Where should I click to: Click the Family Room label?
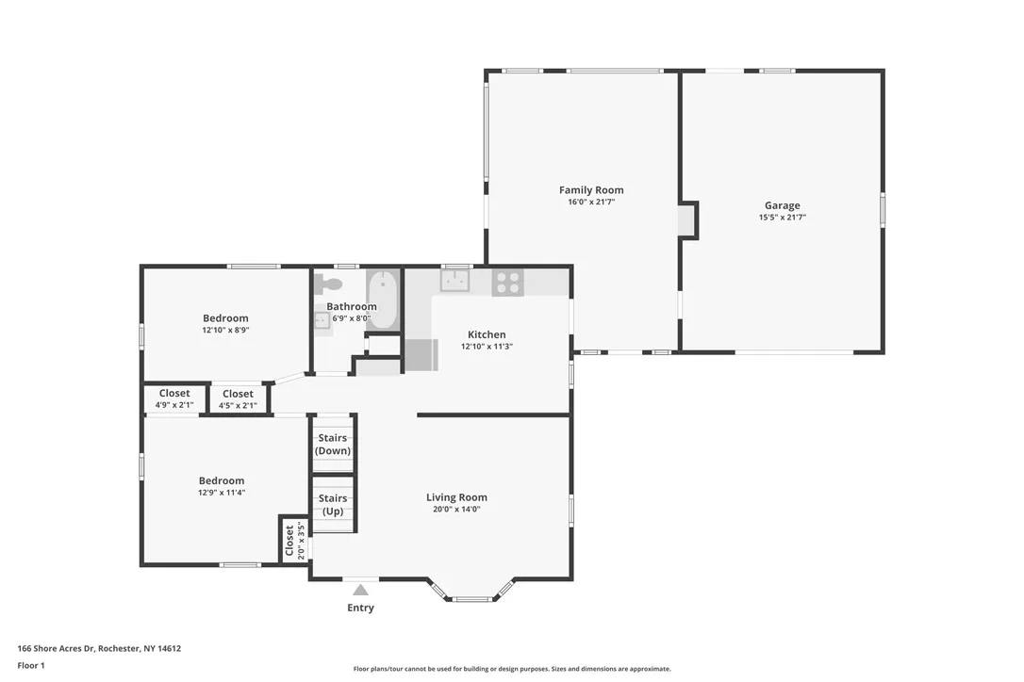tap(591, 190)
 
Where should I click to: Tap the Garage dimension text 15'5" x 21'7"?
tap(782, 218)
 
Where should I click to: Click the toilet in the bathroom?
tap(329, 283)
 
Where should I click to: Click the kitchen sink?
tap(456, 281)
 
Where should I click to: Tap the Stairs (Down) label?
tap(332, 444)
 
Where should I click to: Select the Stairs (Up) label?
tap(332, 505)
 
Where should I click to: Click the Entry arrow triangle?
tap(360, 591)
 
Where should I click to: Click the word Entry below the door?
tap(360, 609)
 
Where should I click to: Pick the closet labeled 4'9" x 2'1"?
tap(174, 399)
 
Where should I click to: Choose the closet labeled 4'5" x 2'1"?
tap(238, 399)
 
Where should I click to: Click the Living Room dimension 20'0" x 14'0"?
tap(456, 510)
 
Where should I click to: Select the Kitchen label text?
tap(487, 334)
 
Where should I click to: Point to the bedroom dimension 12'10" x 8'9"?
tap(225, 331)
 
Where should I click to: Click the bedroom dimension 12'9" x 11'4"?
tap(221, 493)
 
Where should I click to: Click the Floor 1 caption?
tap(31, 665)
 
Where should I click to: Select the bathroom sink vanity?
tap(322, 320)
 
